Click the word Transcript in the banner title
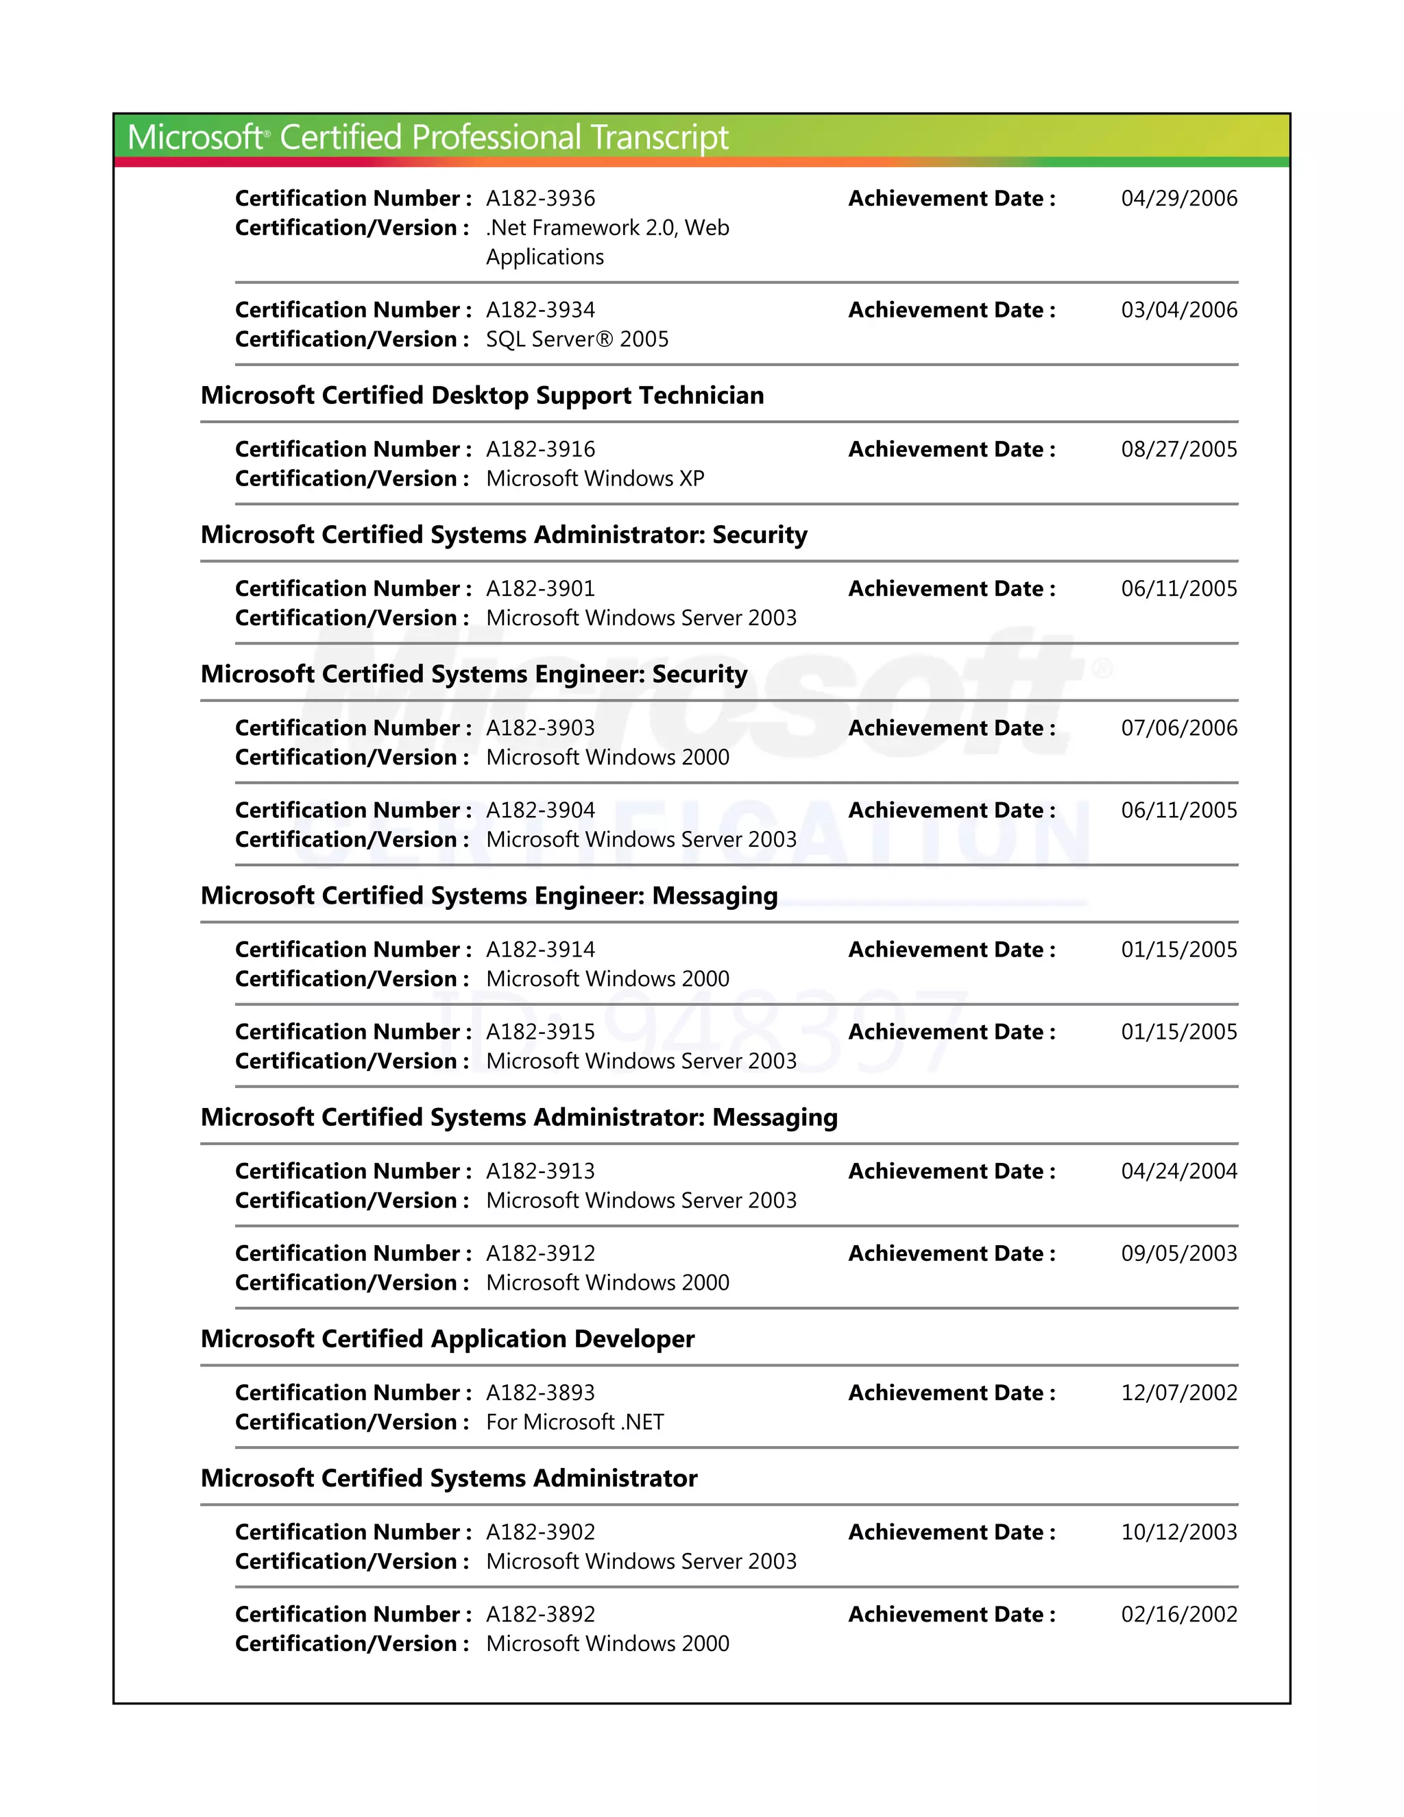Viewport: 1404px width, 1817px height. point(660,137)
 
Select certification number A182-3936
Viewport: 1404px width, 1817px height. point(541,199)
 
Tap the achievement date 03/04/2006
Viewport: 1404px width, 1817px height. point(1178,311)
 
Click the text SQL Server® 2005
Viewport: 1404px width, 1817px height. point(577,339)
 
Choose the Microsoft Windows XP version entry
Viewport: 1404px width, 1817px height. point(594,479)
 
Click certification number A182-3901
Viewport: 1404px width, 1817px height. point(541,589)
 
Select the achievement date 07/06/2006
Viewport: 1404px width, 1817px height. point(1178,728)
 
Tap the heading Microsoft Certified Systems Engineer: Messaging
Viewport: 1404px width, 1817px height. point(489,896)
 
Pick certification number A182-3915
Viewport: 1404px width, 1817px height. point(541,1033)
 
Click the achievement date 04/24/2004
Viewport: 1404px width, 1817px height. point(1178,1171)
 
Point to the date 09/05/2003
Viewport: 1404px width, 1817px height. point(1178,1254)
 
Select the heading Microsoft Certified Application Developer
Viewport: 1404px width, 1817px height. point(448,1340)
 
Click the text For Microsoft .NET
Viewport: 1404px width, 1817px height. point(574,1423)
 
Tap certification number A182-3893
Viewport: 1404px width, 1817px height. point(541,1393)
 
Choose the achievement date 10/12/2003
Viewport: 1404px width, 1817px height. point(1178,1532)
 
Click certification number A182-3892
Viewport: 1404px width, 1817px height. point(541,1615)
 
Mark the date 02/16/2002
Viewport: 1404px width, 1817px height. point(1178,1615)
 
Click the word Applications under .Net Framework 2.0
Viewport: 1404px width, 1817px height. point(545,257)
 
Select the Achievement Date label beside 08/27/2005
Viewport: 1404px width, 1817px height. point(951,450)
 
